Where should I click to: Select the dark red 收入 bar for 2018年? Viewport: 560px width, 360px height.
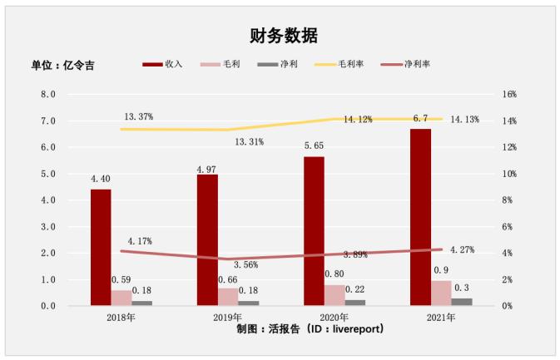[x=101, y=248]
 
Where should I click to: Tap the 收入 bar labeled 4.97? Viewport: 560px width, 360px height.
[x=207, y=240]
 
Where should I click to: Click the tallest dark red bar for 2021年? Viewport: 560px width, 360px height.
[x=420, y=217]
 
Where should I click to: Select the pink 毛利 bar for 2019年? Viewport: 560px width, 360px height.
[x=228, y=297]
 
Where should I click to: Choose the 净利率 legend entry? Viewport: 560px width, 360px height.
[x=409, y=64]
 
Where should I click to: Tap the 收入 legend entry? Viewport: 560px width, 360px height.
[x=163, y=64]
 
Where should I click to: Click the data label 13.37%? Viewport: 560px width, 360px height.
[x=138, y=116]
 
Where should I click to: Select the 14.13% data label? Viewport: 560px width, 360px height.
[x=464, y=120]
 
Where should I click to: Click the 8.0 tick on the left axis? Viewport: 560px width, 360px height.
[x=48, y=95]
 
